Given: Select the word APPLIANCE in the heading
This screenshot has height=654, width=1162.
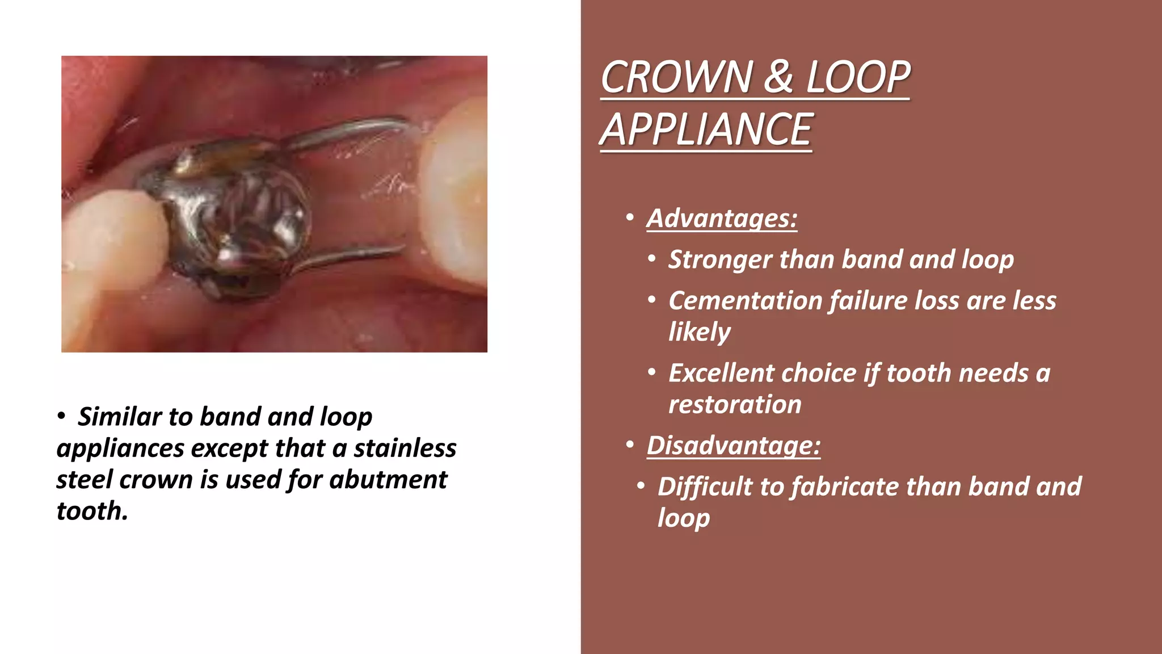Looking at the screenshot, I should (706, 129).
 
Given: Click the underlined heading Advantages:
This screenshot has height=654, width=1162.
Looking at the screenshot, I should (722, 219).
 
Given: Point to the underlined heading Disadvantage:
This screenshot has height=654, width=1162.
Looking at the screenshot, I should (733, 446).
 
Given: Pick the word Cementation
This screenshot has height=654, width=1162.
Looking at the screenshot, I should (745, 300).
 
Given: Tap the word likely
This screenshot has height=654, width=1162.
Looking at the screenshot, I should (699, 332).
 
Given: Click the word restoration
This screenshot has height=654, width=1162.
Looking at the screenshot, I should (735, 405).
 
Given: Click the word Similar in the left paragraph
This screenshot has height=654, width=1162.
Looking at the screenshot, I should (120, 417).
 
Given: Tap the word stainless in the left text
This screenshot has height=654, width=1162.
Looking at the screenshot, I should (405, 448).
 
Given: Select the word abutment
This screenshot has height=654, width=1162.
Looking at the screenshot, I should (388, 480).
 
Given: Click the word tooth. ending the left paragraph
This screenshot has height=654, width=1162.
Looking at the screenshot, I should (92, 511).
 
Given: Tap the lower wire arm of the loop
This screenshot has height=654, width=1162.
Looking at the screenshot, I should (352, 255).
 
